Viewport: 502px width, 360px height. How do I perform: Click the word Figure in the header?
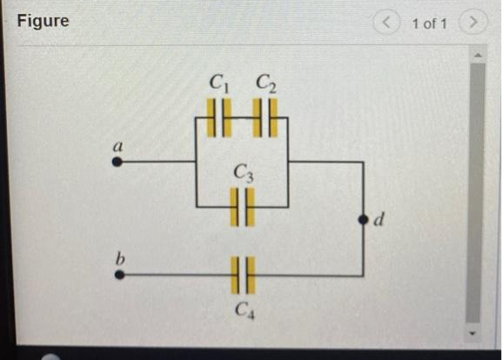coord(43,21)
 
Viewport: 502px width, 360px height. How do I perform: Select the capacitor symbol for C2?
coord(264,117)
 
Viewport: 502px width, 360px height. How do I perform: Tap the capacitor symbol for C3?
coord(243,207)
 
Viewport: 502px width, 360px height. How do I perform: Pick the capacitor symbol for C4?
coord(242,275)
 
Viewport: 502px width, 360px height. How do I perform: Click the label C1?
coord(218,84)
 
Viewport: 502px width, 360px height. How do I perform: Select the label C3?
coord(243,175)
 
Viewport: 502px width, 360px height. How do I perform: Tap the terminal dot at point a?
coord(118,161)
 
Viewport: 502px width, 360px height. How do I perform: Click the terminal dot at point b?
coord(118,275)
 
